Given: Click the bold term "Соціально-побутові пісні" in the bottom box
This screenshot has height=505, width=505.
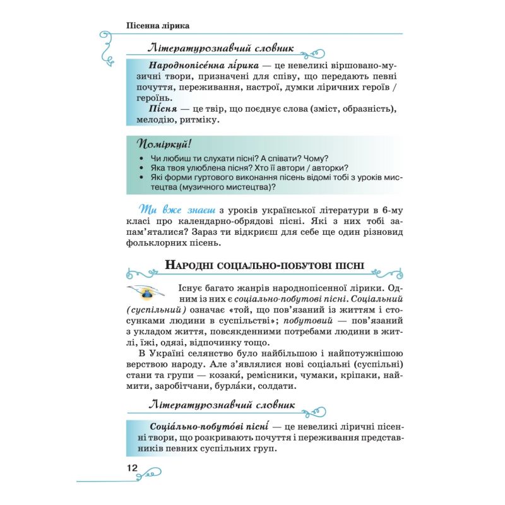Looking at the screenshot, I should click(201, 426).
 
